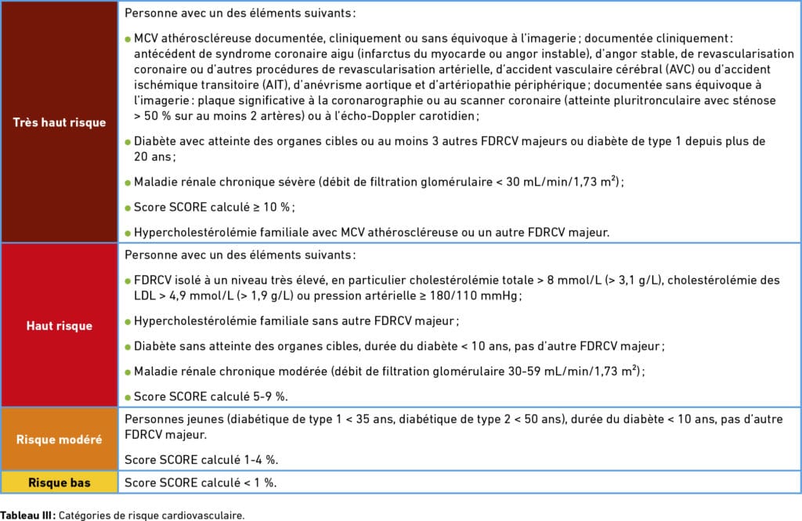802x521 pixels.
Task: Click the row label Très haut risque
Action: (x=60, y=122)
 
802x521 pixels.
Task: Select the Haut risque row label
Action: (x=60, y=325)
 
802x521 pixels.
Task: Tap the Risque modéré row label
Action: (x=60, y=439)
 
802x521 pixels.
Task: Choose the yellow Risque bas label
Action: (x=60, y=482)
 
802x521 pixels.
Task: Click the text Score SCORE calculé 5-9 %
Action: (x=196, y=396)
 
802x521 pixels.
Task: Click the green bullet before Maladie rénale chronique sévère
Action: (x=128, y=183)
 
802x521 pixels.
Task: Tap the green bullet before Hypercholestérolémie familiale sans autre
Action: (x=128, y=321)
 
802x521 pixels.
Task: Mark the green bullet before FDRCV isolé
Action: (x=128, y=281)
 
